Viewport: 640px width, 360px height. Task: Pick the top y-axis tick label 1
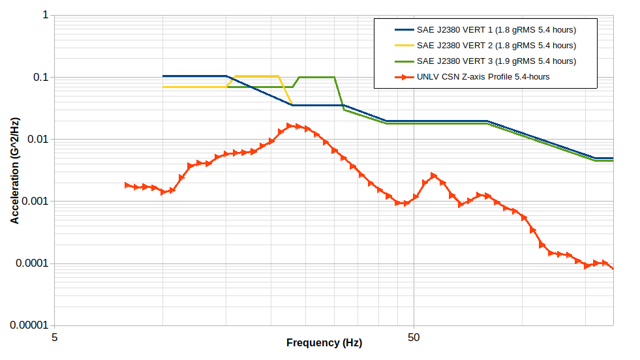pyautogui.click(x=46, y=15)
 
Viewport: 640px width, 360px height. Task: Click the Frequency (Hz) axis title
pyautogui.click(x=324, y=343)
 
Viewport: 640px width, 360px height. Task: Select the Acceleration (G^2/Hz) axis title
pyautogui.click(x=14, y=170)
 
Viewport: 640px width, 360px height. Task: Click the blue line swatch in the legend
pyautogui.click(x=404, y=30)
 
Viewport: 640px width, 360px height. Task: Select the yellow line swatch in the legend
pyautogui.click(x=404, y=46)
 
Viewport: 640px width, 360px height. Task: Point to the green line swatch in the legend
pyautogui.click(x=404, y=61)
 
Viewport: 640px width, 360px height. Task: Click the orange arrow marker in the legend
pyautogui.click(x=404, y=77)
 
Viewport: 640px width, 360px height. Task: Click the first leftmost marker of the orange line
pyautogui.click(x=128, y=185)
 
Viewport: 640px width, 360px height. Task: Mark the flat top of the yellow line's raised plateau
pyautogui.click(x=256, y=76)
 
